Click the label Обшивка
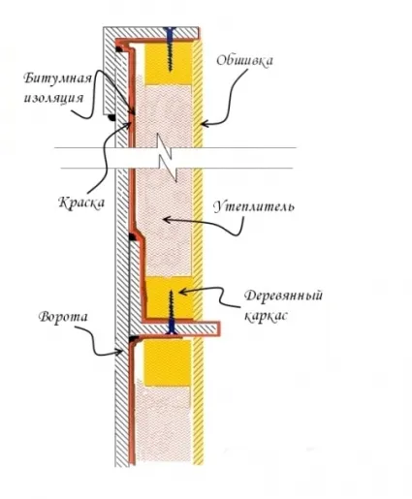(x=244, y=60)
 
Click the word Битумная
(x=58, y=78)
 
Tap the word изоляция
(x=53, y=98)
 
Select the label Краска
(x=81, y=203)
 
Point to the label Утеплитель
(x=254, y=206)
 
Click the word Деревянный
(x=283, y=296)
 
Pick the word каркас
(x=266, y=316)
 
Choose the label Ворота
(x=63, y=317)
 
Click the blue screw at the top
(x=170, y=49)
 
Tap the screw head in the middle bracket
(x=171, y=329)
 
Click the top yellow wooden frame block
(x=168, y=64)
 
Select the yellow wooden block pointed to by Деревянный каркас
(x=170, y=297)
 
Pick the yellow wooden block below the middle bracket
(x=168, y=362)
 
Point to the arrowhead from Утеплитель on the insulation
(x=167, y=220)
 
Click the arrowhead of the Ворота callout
(x=119, y=352)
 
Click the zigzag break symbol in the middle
(x=167, y=158)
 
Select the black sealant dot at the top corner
(x=118, y=49)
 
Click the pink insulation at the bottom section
(x=163, y=424)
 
